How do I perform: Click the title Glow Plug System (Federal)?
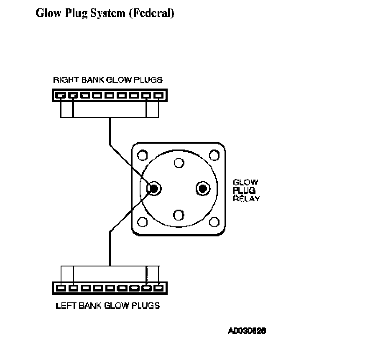105,13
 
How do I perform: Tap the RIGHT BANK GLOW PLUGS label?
107,79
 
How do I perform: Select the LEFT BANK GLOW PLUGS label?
107,305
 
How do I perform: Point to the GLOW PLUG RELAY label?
246,190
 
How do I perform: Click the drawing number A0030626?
247,331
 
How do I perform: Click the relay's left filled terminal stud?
154,189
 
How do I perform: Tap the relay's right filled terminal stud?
203,189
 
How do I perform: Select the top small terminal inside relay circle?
179,162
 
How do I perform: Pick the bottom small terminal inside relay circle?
179,215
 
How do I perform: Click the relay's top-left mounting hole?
143,156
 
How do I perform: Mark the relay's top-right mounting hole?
214,156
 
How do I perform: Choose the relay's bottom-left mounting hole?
143,222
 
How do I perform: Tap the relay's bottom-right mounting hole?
214,222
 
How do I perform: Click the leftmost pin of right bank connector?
61,95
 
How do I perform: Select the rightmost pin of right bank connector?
158,95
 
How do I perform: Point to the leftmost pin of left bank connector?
61,288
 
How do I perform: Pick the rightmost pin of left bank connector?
158,288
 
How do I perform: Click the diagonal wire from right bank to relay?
130,165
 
